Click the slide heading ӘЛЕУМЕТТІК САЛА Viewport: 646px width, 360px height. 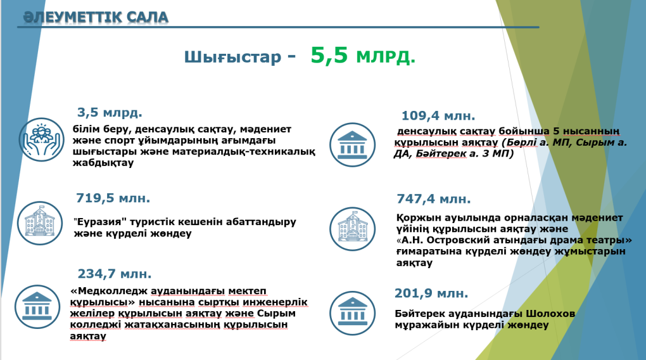point(96,17)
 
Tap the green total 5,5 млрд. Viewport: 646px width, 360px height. point(362,56)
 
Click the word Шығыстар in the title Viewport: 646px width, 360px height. point(232,58)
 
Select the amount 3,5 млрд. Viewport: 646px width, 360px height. point(110,113)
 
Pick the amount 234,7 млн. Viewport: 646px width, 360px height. point(115,274)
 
